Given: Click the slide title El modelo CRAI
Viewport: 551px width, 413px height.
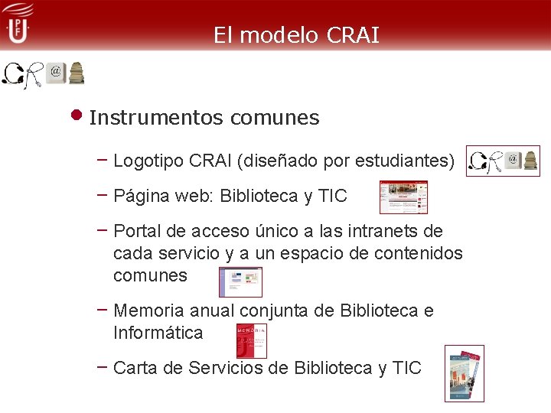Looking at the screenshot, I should [296, 35].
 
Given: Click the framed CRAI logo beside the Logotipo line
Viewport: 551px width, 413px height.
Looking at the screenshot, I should [503, 161].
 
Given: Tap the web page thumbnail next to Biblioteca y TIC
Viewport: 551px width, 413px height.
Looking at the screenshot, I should [403, 197].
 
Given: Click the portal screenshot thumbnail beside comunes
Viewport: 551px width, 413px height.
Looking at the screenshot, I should [240, 281].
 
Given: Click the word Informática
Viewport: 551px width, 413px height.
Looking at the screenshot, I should [158, 333].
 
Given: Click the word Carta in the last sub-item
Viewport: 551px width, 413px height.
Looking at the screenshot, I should [132, 368].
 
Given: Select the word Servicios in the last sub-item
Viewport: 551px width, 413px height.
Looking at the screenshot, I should [209, 368].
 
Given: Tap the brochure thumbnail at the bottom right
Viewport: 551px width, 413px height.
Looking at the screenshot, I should [465, 373].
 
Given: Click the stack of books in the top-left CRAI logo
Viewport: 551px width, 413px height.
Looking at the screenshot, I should [77, 73].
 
